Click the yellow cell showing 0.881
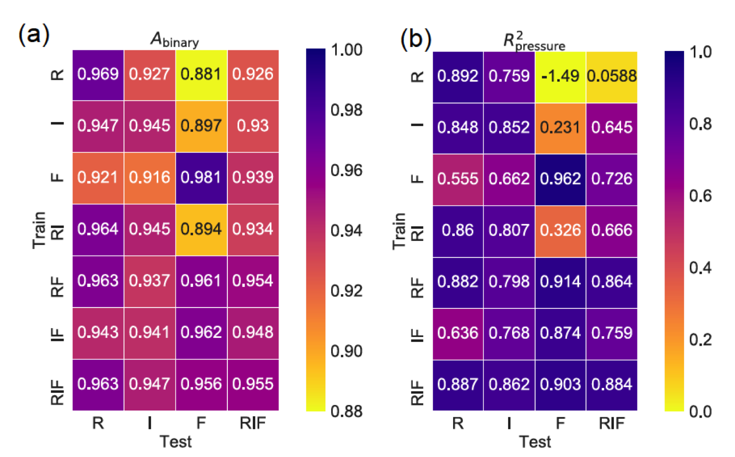[x=201, y=75]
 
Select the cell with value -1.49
[x=561, y=77]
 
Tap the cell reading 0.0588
[x=612, y=77]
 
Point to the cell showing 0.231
[x=561, y=128]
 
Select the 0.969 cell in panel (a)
[x=98, y=75]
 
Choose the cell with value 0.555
[x=458, y=180]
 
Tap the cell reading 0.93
[x=253, y=127]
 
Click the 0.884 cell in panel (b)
[x=612, y=385]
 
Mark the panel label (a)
[x=34, y=34]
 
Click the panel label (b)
[x=416, y=39]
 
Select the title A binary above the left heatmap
[x=175, y=40]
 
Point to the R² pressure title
[x=534, y=42]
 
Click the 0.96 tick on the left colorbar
[x=346, y=170]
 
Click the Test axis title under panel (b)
[x=535, y=442]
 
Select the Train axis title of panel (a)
[x=39, y=230]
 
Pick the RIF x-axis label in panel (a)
[x=253, y=423]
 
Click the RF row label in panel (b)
[x=417, y=288]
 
